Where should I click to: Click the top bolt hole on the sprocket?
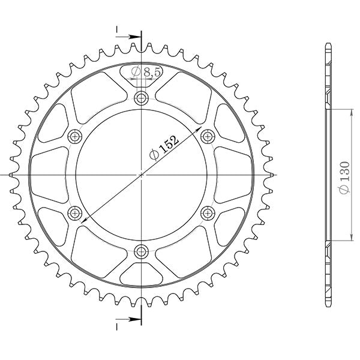(x=141, y=98)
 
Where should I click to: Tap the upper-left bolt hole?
(x=75, y=136)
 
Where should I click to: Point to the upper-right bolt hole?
(x=208, y=136)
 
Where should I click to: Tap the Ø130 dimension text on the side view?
(x=344, y=175)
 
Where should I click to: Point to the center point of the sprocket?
(x=141, y=175)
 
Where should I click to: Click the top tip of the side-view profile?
(x=327, y=45)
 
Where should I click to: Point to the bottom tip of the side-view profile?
(x=327, y=304)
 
